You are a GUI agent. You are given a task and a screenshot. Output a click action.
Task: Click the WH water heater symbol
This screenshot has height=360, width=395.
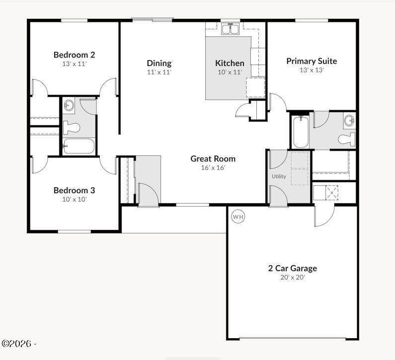click(x=238, y=216)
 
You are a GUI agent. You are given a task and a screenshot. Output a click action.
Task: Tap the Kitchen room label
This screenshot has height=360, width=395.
click(x=230, y=63)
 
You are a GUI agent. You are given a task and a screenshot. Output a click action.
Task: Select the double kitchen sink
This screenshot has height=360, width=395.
click(x=230, y=29)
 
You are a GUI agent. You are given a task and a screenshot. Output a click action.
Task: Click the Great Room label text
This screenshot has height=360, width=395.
click(x=213, y=158)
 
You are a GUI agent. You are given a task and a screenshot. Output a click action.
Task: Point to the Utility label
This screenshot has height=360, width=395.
click(x=279, y=176)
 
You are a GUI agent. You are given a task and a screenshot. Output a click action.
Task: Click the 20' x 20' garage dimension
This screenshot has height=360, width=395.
click(x=293, y=277)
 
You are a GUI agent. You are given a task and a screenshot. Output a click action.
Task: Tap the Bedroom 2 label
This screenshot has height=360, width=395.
click(x=75, y=55)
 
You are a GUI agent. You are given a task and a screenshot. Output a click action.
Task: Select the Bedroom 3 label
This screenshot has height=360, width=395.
click(x=75, y=190)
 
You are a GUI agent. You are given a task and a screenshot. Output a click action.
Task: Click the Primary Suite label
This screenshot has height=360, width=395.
click(x=312, y=61)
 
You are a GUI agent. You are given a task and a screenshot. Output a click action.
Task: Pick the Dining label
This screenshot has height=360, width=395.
click(x=159, y=63)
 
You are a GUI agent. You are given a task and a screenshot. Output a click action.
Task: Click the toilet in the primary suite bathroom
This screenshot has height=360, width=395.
click(x=347, y=139)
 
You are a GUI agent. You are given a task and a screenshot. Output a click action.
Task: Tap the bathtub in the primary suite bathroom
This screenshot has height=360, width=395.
click(x=301, y=132)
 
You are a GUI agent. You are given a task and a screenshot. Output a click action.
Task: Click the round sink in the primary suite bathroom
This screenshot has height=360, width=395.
click(x=349, y=120)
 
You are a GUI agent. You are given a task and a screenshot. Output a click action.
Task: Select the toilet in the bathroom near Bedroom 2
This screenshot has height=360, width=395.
click(x=71, y=128)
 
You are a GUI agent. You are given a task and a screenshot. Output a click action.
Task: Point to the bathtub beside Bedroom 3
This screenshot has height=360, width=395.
click(x=79, y=146)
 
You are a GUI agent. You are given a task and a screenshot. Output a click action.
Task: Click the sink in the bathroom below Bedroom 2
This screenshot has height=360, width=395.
click(x=69, y=105)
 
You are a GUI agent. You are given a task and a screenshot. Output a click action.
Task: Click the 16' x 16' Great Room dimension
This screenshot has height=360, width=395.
click(x=213, y=168)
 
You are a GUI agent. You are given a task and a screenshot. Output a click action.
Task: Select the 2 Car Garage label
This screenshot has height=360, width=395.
click(x=293, y=268)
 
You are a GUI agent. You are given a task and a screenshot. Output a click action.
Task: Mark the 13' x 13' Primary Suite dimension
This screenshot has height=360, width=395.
click(x=312, y=70)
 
